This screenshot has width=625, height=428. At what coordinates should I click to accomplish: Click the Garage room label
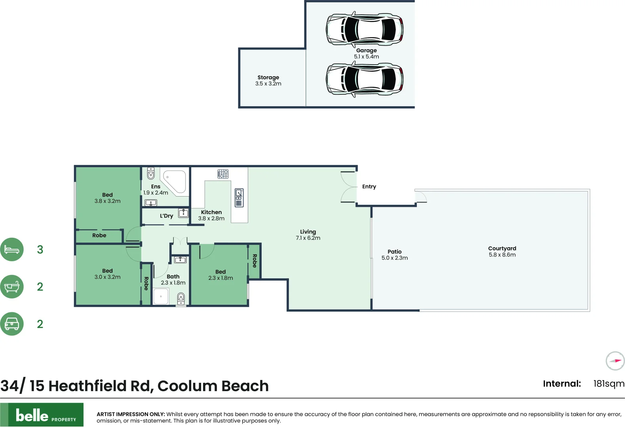367,51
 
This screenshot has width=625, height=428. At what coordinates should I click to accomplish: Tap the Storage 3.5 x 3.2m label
268,80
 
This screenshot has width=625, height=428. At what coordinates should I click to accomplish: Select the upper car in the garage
365,29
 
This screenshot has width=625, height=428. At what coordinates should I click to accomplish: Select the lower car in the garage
365,79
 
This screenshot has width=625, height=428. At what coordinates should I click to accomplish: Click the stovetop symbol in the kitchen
223,174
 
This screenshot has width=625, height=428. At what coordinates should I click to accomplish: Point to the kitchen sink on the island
239,197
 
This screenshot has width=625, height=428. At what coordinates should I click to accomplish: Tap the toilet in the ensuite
151,173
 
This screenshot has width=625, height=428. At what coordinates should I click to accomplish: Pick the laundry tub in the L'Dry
183,213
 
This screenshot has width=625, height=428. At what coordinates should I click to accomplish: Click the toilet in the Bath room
181,298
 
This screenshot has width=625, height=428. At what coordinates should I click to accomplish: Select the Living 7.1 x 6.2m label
308,235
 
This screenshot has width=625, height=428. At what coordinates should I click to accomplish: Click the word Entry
369,186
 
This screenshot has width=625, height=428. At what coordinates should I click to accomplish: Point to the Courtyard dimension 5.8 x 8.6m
502,255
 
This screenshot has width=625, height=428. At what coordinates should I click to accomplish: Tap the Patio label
395,251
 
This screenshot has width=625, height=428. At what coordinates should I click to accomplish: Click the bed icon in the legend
12,250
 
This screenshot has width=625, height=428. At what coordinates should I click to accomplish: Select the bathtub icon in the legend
12,287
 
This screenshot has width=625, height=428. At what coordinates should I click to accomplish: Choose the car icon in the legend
12,324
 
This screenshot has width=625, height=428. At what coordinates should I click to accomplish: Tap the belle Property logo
42,415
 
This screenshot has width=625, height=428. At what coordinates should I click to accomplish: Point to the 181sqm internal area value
609,384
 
